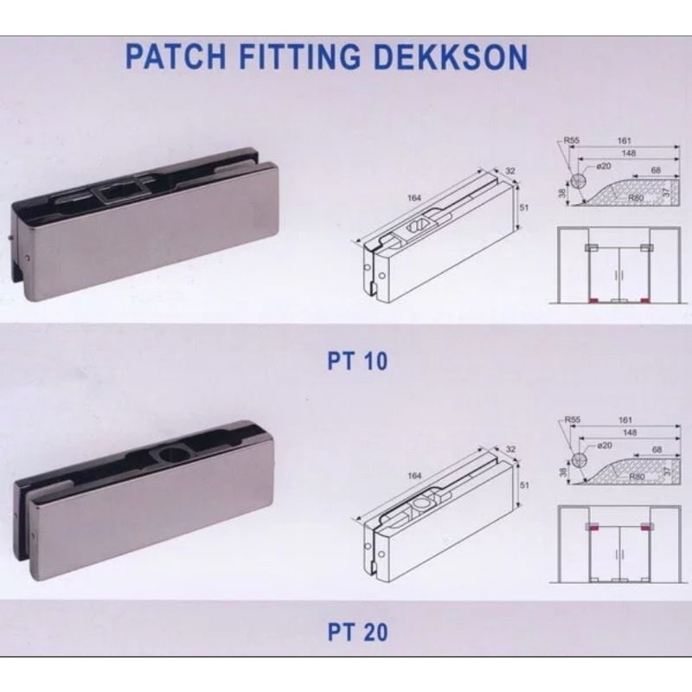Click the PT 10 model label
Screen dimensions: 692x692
click(357, 361)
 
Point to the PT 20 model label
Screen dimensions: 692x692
click(357, 632)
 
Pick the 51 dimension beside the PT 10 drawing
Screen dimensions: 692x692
click(524, 208)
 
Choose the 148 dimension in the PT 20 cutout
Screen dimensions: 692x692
click(629, 431)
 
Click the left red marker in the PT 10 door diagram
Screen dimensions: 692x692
click(593, 300)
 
